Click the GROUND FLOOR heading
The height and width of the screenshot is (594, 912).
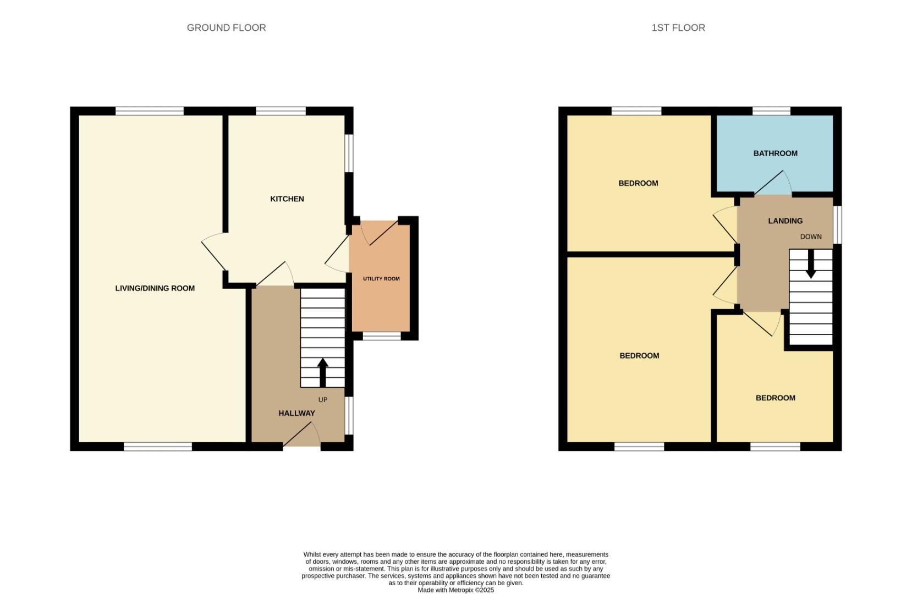pyautogui.click(x=226, y=28)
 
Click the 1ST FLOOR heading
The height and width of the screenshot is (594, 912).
pyautogui.click(x=678, y=28)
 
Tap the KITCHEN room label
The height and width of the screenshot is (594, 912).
pyautogui.click(x=287, y=199)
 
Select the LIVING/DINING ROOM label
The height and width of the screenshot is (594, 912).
pyautogui.click(x=155, y=288)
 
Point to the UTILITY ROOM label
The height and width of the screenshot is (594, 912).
pyautogui.click(x=381, y=279)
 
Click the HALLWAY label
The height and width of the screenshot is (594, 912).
pyautogui.click(x=296, y=413)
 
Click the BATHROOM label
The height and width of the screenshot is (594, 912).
pyautogui.click(x=775, y=153)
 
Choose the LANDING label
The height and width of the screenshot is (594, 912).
pyautogui.click(x=785, y=221)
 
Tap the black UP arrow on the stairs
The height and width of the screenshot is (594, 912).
pyautogui.click(x=322, y=372)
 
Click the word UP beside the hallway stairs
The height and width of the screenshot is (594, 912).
pyautogui.click(x=322, y=400)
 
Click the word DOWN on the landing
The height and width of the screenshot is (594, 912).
pyautogui.click(x=810, y=237)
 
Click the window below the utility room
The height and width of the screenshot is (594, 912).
pyautogui.click(x=381, y=336)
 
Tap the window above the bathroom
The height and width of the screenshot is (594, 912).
pyautogui.click(x=771, y=111)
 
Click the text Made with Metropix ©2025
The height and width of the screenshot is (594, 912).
pyautogui.click(x=455, y=590)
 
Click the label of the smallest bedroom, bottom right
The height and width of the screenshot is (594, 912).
pyautogui.click(x=775, y=398)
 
